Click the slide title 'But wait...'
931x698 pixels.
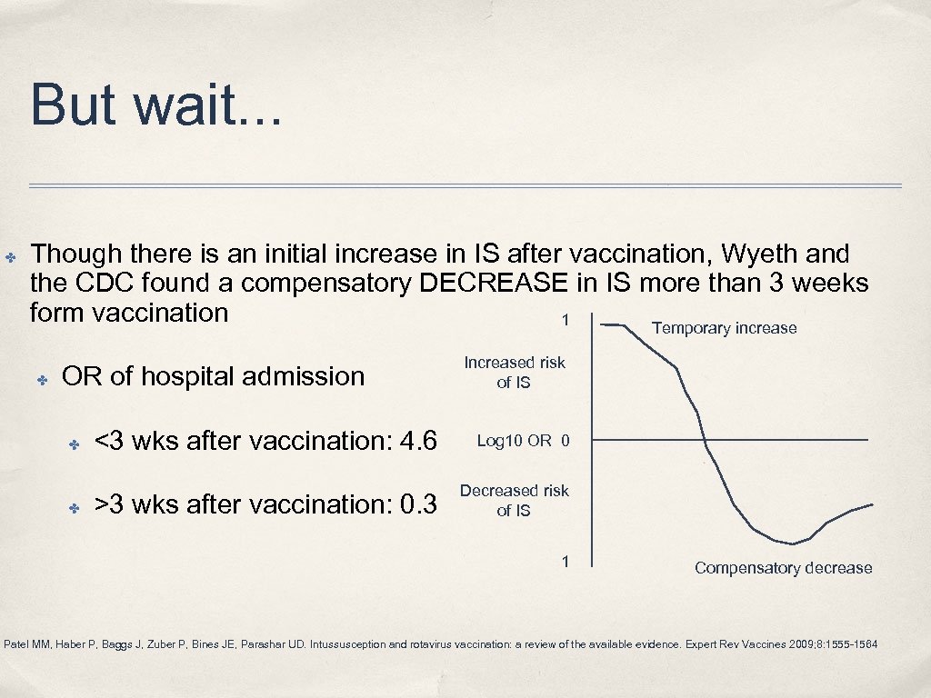click(156, 105)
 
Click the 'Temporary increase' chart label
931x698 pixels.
click(724, 328)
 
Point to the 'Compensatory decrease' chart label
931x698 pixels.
click(783, 568)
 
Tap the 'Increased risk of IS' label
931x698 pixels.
click(515, 373)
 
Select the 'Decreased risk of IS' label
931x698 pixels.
click(514, 501)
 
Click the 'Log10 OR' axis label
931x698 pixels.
click(514, 441)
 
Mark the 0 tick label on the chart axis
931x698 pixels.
click(566, 441)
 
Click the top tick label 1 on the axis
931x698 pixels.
click(566, 320)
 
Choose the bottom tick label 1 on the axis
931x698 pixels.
click(566, 561)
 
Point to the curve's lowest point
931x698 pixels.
click(793, 544)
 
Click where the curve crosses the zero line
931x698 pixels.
click(706, 442)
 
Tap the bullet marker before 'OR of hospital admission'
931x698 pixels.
click(42, 377)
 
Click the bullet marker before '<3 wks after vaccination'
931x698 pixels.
click(75, 443)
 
